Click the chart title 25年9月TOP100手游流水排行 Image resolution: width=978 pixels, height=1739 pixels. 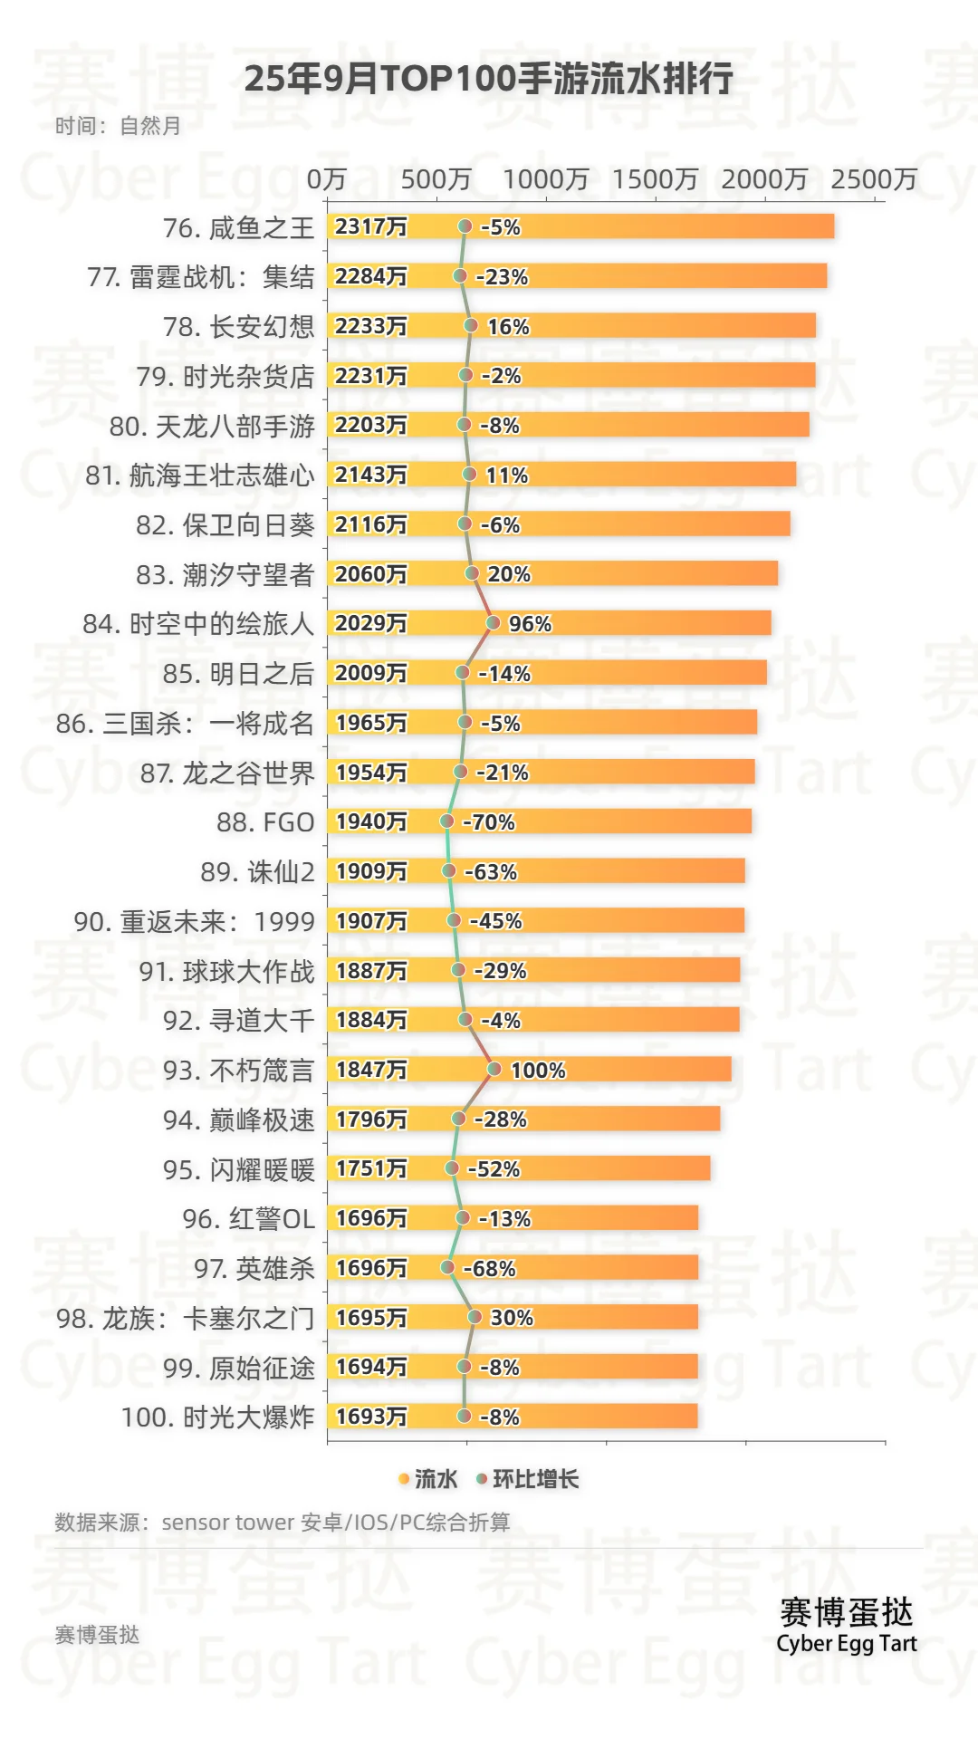click(x=488, y=80)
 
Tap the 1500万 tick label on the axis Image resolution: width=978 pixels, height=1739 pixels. click(x=655, y=179)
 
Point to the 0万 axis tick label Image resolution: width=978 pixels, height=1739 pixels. click(x=326, y=179)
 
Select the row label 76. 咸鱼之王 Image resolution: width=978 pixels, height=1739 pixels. click(x=238, y=228)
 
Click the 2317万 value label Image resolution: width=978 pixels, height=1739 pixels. click(x=371, y=226)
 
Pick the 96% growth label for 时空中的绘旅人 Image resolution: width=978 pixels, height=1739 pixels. click(x=530, y=624)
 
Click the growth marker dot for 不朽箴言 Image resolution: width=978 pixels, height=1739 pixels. click(x=494, y=1069)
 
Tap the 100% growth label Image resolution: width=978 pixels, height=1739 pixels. click(x=538, y=1071)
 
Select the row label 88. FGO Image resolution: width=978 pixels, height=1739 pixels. click(x=265, y=822)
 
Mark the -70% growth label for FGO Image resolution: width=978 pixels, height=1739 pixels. click(x=489, y=822)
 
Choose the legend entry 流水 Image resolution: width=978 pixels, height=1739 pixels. click(x=427, y=1479)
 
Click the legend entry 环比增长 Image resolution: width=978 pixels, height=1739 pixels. click(x=528, y=1479)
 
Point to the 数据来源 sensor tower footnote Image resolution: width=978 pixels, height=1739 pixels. click(x=282, y=1523)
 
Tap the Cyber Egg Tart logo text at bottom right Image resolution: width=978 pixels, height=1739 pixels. click(x=847, y=1643)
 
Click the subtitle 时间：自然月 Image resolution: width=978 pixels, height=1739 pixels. click(x=118, y=126)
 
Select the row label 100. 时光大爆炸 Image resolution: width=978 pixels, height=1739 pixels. click(x=217, y=1417)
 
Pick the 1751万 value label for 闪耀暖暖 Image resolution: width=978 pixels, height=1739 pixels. click(x=371, y=1168)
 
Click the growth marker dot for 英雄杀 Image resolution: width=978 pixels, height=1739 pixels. click(x=447, y=1267)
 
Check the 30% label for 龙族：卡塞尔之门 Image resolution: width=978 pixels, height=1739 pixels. click(x=512, y=1318)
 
